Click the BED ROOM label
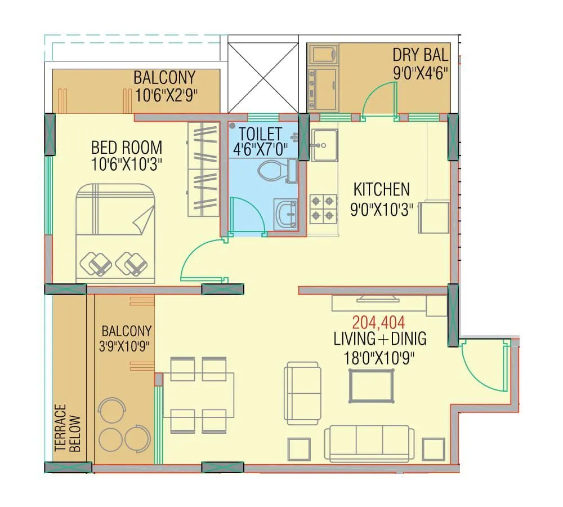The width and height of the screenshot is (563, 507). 127,148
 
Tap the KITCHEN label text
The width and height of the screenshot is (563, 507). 381,189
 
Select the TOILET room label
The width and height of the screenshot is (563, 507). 260,134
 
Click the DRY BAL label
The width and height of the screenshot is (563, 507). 420,55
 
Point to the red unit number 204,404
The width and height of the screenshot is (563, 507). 378,322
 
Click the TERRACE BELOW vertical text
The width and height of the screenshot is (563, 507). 68,428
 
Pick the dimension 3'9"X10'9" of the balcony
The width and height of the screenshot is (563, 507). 126,345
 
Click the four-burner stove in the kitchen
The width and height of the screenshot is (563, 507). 323,208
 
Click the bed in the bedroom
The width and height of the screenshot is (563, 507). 115,233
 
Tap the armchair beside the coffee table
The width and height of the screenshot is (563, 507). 303,393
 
